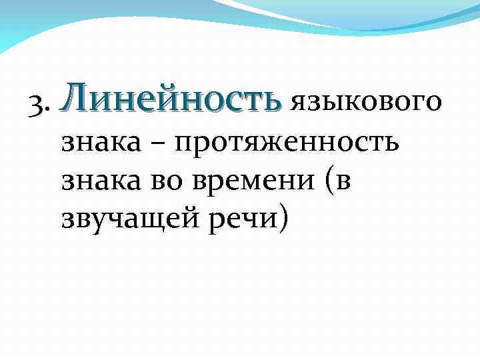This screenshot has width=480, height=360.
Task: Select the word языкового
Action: click(x=365, y=103)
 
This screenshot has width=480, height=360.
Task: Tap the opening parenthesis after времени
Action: click(x=329, y=181)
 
